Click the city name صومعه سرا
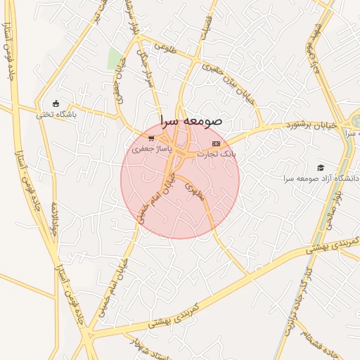(191, 121)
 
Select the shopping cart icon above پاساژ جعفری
(151, 138)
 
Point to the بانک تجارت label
(219, 153)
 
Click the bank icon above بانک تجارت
(215, 143)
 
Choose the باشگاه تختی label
(56, 113)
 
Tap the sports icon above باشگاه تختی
(56, 103)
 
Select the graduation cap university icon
(321, 167)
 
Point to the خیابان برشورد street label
(312, 125)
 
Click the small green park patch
(115, 59)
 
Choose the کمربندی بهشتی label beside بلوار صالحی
(335, 244)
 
